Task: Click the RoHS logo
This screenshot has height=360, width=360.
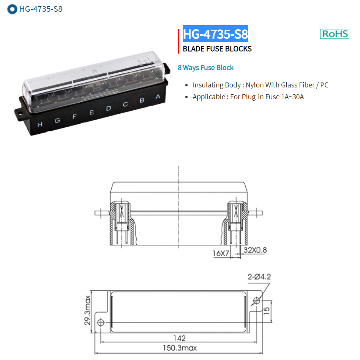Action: tap(335, 33)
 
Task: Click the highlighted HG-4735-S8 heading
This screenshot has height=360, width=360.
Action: tap(215, 34)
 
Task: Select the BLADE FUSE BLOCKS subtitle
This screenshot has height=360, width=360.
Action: tap(217, 49)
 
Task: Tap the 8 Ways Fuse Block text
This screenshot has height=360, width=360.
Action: tap(205, 68)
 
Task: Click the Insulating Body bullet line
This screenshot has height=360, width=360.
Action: tap(260, 85)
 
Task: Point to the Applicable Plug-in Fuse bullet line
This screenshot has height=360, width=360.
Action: tap(248, 97)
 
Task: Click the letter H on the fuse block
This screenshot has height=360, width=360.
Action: tap(40, 124)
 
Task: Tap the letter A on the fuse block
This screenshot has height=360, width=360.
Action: tap(158, 97)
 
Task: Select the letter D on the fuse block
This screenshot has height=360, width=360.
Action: tap(109, 108)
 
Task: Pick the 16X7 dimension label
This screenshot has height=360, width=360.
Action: tap(221, 253)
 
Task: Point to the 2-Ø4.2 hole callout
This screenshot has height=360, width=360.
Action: tap(259, 277)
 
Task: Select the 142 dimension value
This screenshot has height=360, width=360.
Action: tap(179, 338)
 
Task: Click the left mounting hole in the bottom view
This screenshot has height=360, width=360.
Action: tap(101, 323)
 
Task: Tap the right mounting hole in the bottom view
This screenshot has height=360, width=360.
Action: tap(257, 301)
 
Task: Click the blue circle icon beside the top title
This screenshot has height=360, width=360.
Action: tap(13, 9)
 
